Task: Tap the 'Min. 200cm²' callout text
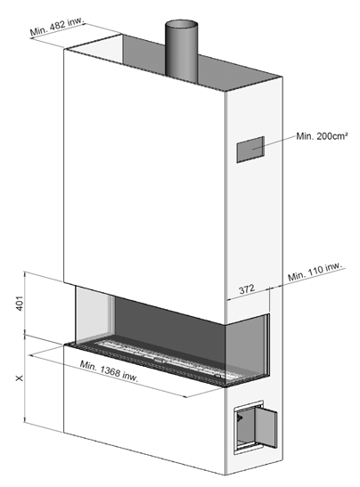point(322,136)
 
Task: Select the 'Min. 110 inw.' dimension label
point(315,272)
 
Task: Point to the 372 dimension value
point(247,289)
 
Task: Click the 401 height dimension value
point(20,303)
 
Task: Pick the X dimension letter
point(20,378)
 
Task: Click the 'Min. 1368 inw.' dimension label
point(109,370)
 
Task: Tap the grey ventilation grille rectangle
point(250,150)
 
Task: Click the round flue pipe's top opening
point(181,24)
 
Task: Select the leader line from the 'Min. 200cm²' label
point(274,142)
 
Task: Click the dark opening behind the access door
point(246,428)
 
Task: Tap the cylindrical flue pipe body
point(181,53)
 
